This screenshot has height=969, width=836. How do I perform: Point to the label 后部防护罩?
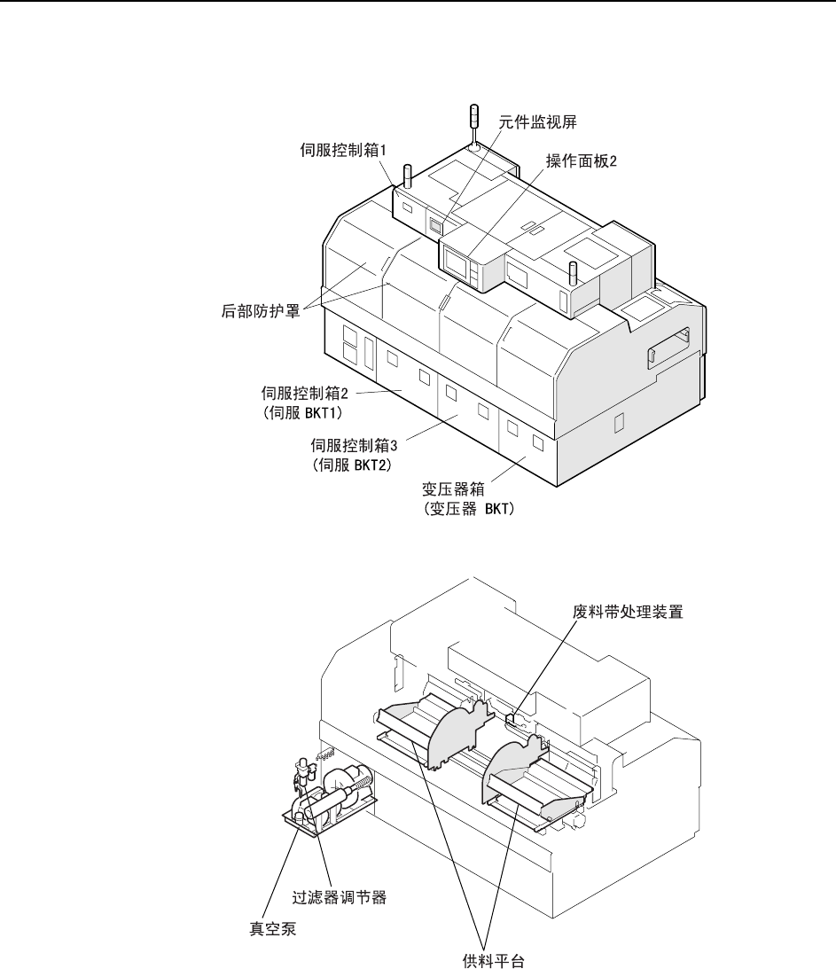coord(257,310)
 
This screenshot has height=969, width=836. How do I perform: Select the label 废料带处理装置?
coord(628,611)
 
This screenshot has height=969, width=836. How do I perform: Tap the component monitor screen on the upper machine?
coord(435,226)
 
